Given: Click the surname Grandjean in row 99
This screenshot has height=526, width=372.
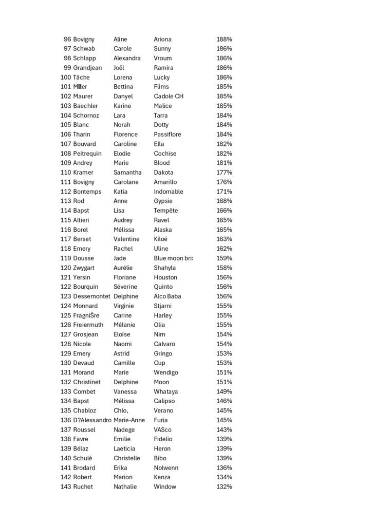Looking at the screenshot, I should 87,68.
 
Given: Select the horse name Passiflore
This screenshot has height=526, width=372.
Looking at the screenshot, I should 168,135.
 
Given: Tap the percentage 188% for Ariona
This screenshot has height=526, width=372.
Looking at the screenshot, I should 224,39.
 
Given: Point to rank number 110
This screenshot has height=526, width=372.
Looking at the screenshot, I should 66,173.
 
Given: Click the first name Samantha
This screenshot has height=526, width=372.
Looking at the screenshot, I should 127,173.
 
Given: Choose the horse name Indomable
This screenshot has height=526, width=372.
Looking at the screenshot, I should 169,192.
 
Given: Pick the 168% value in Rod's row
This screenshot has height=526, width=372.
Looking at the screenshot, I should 224,201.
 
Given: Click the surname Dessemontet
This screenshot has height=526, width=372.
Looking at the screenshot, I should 91,296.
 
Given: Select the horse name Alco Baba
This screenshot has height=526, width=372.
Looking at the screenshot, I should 168,296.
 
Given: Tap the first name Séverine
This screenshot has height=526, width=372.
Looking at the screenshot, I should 125,287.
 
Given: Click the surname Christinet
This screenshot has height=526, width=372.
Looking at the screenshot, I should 87,382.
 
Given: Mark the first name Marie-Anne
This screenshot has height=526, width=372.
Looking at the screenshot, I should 129,420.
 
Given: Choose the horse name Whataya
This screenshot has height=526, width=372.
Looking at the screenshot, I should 166,391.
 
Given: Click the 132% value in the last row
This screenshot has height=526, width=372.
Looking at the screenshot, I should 224,487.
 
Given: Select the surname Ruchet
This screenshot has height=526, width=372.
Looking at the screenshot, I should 83,487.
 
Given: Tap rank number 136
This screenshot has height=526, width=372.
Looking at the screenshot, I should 66,420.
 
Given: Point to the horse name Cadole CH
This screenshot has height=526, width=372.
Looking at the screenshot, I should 169,96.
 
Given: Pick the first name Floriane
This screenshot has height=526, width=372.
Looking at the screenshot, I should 125,277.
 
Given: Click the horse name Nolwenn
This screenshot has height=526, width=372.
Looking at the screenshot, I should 166,468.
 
